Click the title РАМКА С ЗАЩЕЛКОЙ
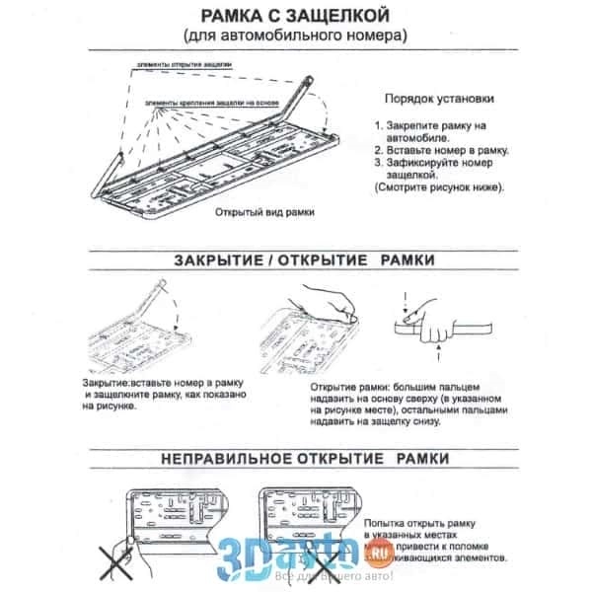coord(293,17)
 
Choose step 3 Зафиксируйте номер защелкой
coord(434,168)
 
